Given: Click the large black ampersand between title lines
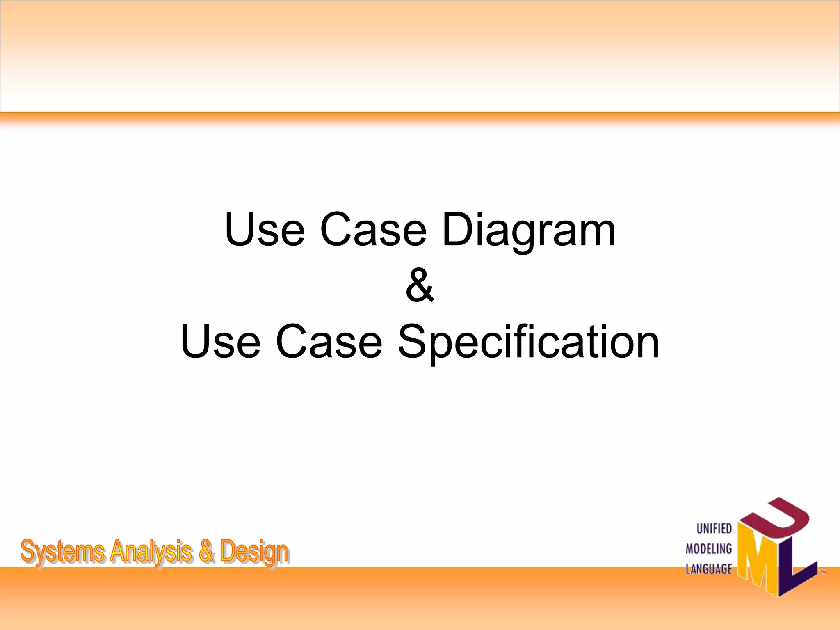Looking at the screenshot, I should [x=420, y=285].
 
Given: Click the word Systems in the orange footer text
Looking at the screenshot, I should [x=62, y=552].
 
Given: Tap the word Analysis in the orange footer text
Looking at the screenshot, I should [x=151, y=552].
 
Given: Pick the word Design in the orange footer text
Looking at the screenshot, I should [x=254, y=552].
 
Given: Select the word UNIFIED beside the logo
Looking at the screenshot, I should [x=714, y=529].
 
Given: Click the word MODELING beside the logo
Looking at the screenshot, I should [x=709, y=549].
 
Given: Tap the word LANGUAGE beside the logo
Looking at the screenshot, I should [x=709, y=569].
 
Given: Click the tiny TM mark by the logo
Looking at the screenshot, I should [x=822, y=571].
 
